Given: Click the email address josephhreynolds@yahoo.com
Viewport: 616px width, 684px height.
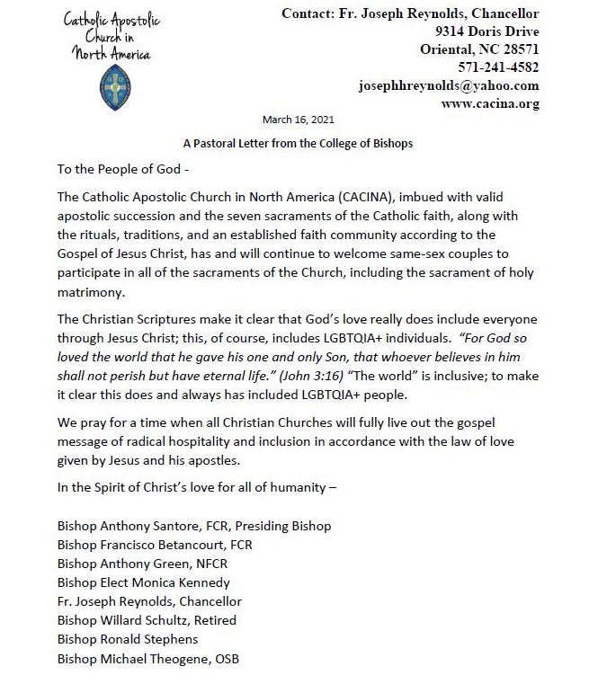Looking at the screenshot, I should click(x=449, y=85).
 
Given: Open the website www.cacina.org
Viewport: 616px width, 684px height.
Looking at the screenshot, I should click(x=490, y=103).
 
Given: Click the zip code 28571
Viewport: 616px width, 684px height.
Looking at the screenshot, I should click(x=516, y=49).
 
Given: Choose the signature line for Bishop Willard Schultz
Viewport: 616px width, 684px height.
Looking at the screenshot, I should click(x=146, y=619).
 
